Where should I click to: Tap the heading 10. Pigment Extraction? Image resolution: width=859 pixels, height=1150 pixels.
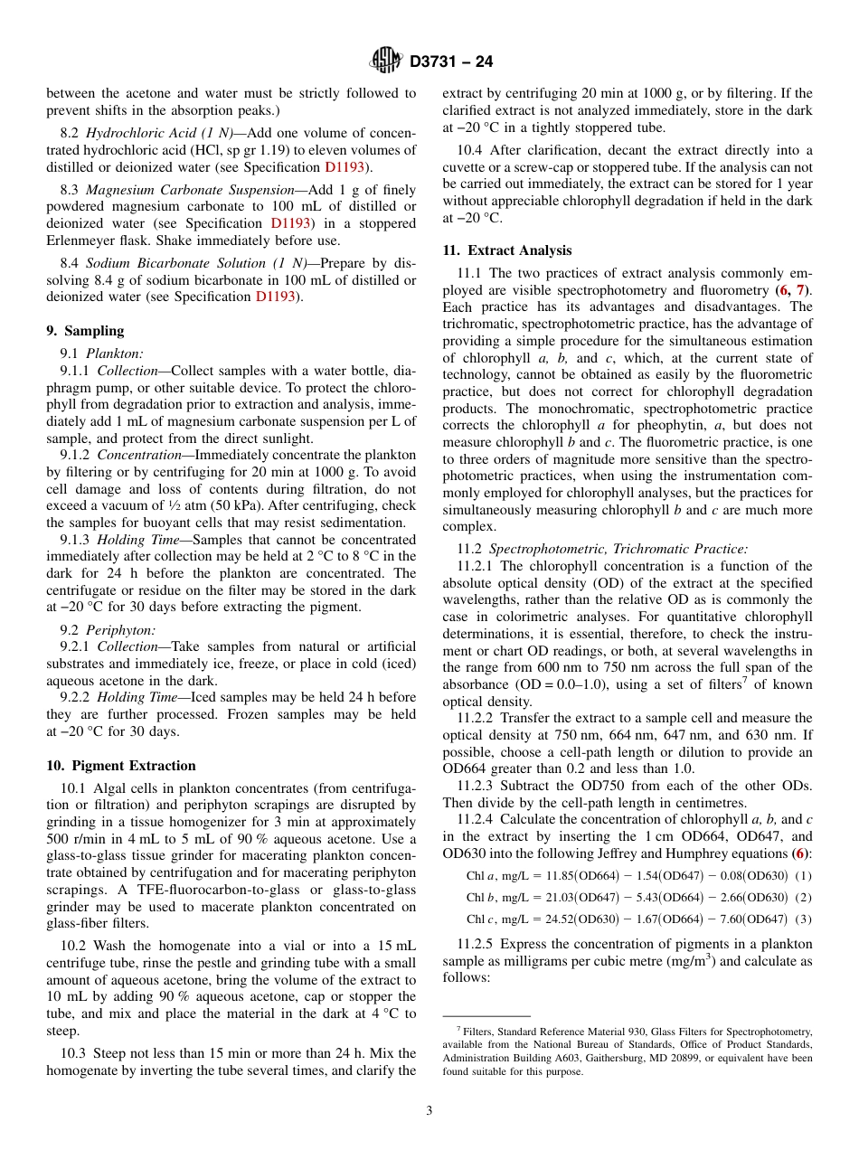pos(120,766)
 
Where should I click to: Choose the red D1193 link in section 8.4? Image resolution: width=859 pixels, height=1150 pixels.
pos(275,297)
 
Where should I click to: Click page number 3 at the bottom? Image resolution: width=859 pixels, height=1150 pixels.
pos(429,1111)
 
